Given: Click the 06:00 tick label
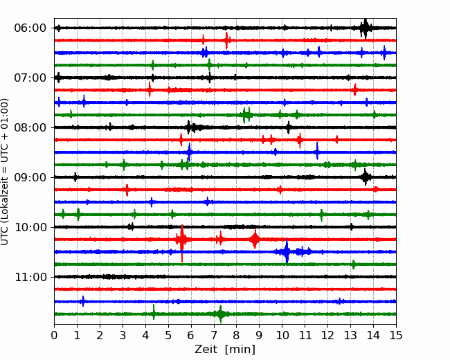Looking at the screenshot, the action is [x=30, y=28].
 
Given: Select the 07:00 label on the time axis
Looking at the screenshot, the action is [x=30, y=78].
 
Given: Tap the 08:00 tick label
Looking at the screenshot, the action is [x=30, y=127].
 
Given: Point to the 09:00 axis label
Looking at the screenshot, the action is [x=30, y=177].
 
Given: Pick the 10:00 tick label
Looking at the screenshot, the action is [x=30, y=227].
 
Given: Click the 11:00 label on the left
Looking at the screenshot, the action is [x=30, y=277].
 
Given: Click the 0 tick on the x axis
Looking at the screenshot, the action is [x=54, y=335].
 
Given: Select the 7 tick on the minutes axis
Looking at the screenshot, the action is [x=214, y=335].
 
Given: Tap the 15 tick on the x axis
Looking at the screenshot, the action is [x=396, y=335].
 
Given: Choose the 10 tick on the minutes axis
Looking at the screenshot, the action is [x=282, y=335].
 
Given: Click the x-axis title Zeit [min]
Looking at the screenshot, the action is [x=225, y=350].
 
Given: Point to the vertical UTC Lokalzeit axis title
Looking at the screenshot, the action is [x=5, y=172].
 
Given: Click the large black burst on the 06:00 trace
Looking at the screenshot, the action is [x=365, y=28].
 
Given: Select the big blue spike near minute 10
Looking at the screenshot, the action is [x=287, y=251].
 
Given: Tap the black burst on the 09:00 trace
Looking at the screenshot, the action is [x=365, y=177].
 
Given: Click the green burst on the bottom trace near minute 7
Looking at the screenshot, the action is [x=220, y=314].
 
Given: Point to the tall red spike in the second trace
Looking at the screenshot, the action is [x=226, y=40].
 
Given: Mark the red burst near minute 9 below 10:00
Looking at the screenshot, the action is [x=255, y=239].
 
